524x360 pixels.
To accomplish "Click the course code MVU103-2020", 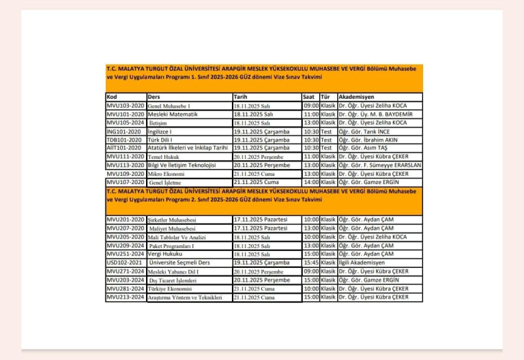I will tap(126, 106).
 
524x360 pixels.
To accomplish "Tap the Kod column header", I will tap(113, 97).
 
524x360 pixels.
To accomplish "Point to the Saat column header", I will tap(310, 97).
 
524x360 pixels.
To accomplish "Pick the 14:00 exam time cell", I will tap(311, 182).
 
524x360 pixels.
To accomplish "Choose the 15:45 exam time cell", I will tap(311, 262).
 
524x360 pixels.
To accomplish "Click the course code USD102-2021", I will tap(126, 262).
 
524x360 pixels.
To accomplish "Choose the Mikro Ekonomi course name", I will tap(166, 174).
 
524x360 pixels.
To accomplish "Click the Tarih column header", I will tap(240, 97).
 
